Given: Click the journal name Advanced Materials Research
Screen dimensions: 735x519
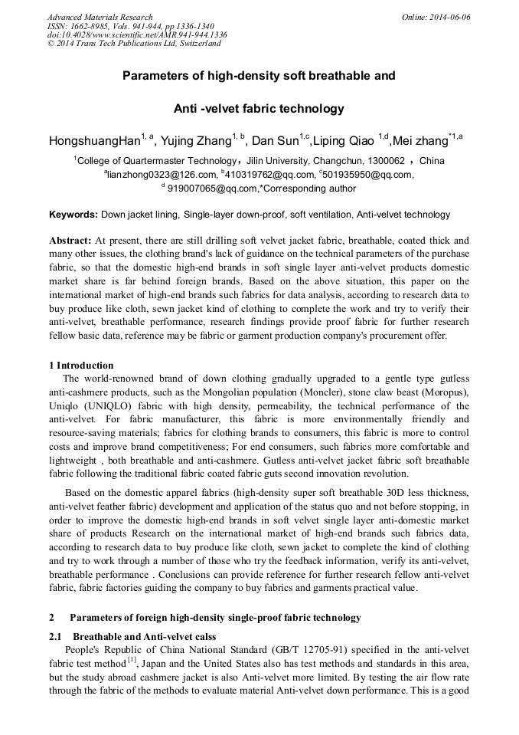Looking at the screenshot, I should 100,17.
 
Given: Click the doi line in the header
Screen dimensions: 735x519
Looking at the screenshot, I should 137,34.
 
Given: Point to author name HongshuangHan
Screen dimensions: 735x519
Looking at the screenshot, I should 94,141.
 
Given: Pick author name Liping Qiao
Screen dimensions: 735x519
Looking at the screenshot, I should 344,141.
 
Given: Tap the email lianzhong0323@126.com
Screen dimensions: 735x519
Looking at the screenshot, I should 163,175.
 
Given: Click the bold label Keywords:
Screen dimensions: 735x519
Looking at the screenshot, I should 73,215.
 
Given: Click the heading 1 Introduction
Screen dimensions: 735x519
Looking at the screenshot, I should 81,366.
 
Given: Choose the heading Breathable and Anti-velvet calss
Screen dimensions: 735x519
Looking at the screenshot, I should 144,637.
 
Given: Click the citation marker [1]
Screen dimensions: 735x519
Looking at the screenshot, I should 132,661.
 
